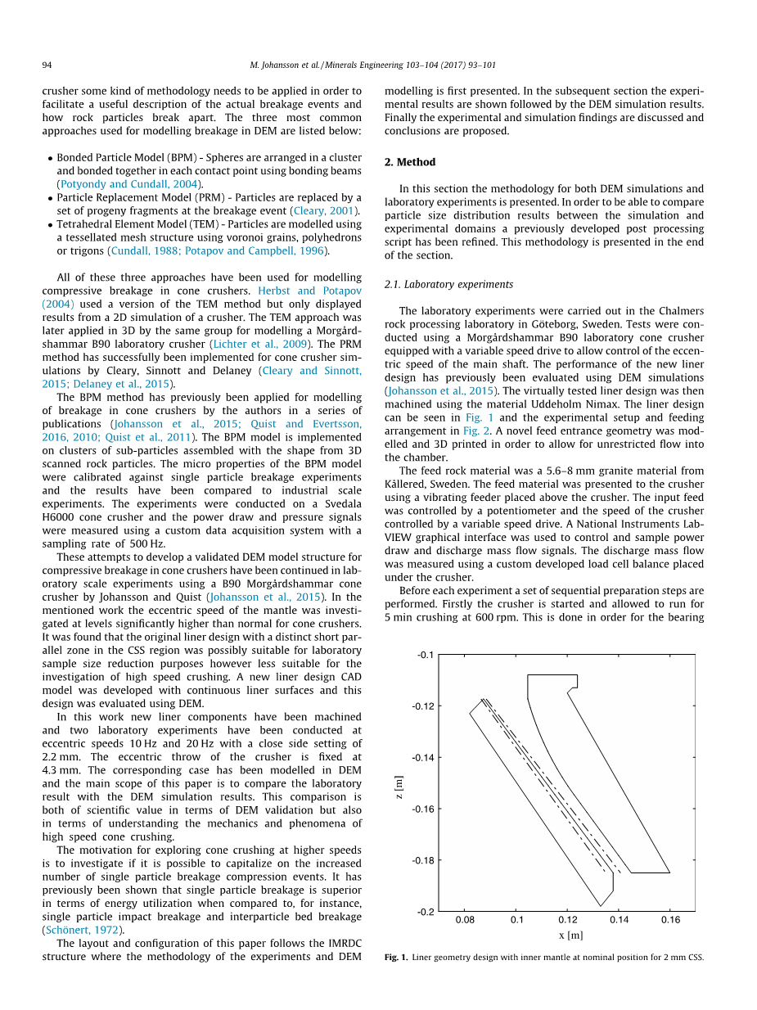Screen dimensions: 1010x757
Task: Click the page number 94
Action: pos(47,65)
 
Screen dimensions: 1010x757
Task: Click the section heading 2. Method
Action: pos(410,162)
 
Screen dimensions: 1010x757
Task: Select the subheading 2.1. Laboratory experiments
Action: pos(448,285)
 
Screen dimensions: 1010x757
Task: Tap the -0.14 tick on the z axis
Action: pos(425,758)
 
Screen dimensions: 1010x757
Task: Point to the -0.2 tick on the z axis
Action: pos(426,912)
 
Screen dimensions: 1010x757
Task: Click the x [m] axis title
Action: pos(570,936)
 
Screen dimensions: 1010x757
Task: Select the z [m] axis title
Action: pos(398,787)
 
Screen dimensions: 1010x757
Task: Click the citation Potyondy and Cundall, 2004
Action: pos(128,184)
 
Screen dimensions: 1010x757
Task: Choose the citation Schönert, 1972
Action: pos(82,930)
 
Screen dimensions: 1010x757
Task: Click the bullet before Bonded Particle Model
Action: pos(50,158)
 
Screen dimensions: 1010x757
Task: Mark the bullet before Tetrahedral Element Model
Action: pos(50,224)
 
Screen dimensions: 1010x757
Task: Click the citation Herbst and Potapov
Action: pos(309,291)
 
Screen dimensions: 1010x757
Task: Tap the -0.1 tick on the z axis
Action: pos(426,655)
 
